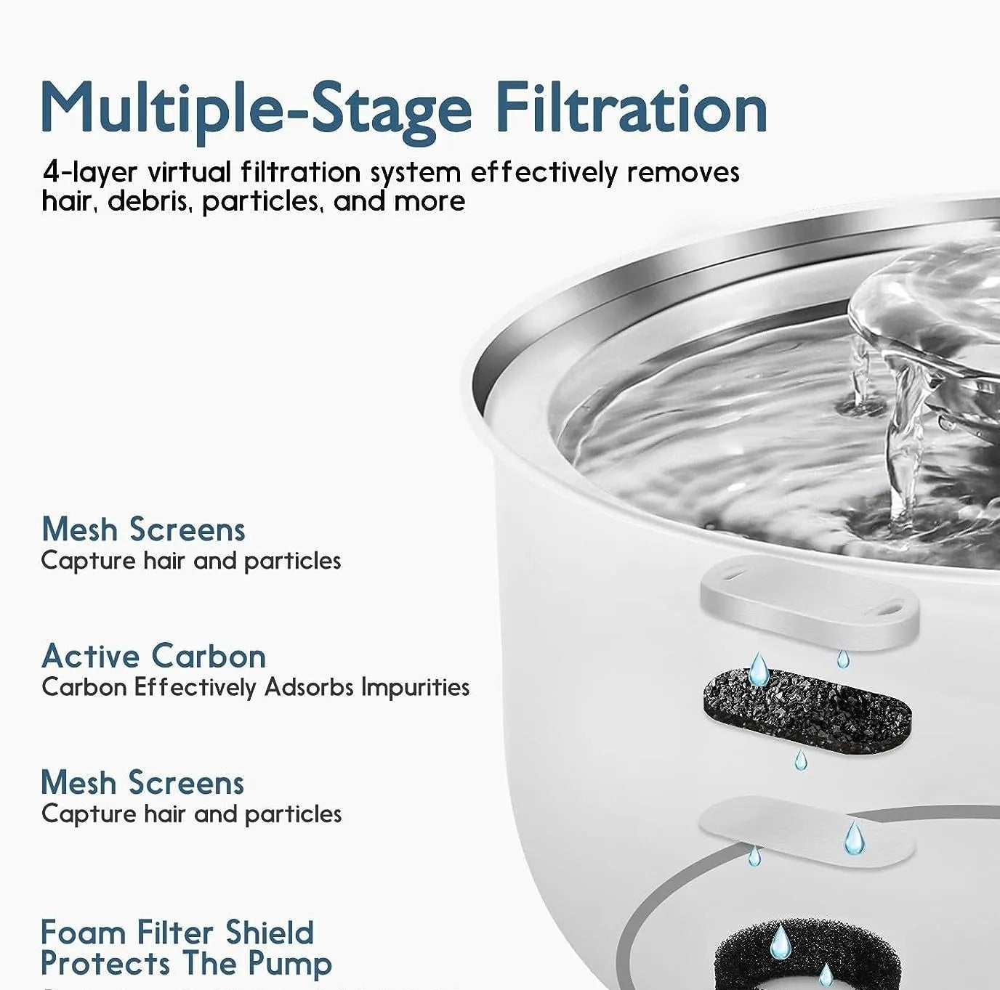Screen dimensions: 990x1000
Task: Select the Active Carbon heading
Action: [x=153, y=656]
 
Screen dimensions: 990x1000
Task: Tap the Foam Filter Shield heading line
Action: [x=177, y=933]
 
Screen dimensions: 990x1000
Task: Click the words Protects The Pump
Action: [x=186, y=963]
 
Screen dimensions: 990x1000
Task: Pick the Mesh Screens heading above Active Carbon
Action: [x=143, y=529]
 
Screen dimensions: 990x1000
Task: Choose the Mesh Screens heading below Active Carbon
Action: [x=142, y=782]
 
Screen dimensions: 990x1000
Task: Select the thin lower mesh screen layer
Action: [x=807, y=827]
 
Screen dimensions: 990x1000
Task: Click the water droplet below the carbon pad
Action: [x=800, y=760]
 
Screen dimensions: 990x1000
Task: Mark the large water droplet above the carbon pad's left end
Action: [x=758, y=668]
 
